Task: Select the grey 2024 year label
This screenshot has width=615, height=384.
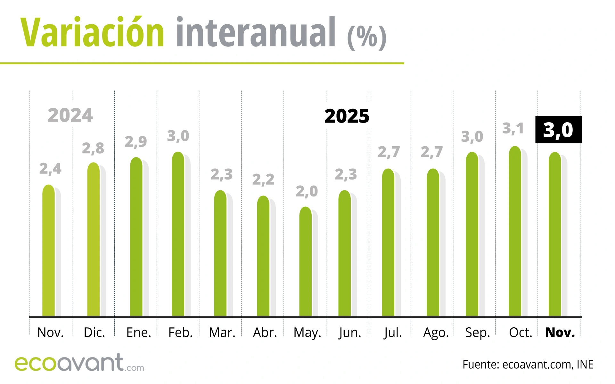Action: coord(70,116)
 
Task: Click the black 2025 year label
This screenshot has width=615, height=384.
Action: coord(347,116)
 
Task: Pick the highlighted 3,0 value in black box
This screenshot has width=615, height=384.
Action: coord(558,130)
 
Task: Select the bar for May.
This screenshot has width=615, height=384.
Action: coord(306,262)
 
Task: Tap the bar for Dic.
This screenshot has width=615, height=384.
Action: coord(94,240)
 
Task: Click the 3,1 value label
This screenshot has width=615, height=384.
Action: coord(513,129)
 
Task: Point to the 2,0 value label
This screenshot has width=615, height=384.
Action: coord(307,191)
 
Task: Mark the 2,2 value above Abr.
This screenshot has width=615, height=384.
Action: coord(263,180)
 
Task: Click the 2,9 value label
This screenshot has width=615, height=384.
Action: coord(136,141)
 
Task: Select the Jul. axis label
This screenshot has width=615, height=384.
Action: coord(393,333)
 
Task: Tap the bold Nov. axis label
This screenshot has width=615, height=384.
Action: coord(560,333)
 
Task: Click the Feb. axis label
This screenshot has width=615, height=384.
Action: coord(180,333)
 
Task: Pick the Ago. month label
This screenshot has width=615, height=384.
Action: coord(436,333)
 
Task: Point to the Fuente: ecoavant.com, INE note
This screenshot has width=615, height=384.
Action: coord(528,364)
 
